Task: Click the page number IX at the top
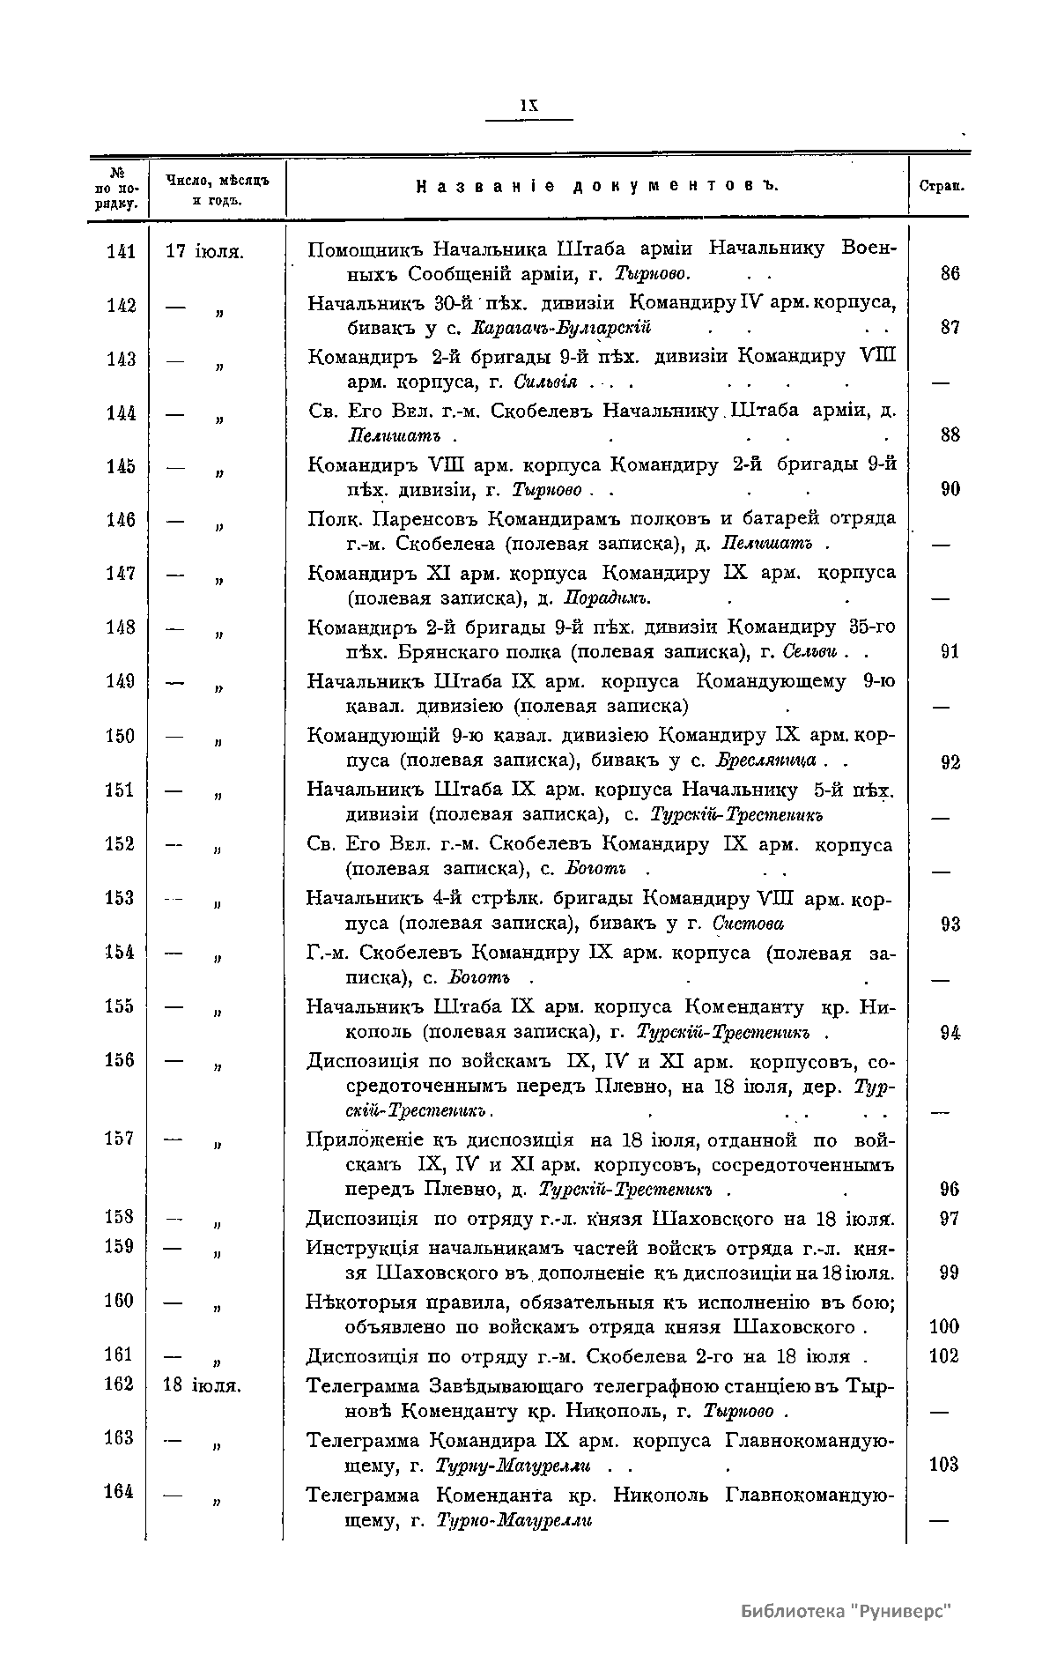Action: tap(528, 104)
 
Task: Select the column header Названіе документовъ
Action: tap(597, 186)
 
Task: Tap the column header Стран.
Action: tap(940, 187)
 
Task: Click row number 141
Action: tap(121, 251)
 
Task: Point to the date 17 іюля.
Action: tap(204, 251)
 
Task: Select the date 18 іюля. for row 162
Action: tap(203, 1385)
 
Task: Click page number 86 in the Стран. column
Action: tap(950, 273)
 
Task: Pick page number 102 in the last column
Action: tap(943, 1356)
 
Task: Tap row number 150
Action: tap(120, 736)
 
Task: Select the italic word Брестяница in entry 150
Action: tap(765, 761)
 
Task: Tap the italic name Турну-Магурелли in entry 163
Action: tap(513, 1466)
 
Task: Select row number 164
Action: tap(119, 1491)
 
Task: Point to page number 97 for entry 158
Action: tap(949, 1220)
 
